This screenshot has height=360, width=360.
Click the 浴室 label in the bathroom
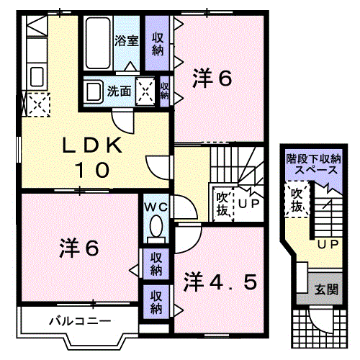tap(127, 41)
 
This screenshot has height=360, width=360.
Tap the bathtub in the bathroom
tap(98, 42)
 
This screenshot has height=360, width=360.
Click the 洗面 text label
tap(119, 91)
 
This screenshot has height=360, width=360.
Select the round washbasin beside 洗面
tap(93, 91)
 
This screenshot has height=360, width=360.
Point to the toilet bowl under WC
tap(154, 229)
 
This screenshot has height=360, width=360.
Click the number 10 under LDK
tap(94, 170)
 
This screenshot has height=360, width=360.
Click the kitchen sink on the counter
tap(36, 74)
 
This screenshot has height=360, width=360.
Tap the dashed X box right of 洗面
tap(145, 91)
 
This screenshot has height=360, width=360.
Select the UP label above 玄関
tap(328, 245)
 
